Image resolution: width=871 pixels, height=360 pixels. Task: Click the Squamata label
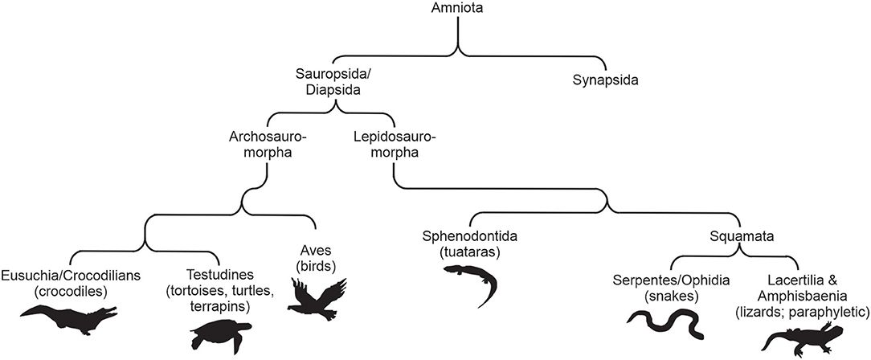pos(737,237)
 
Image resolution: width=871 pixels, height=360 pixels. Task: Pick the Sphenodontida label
pos(470,237)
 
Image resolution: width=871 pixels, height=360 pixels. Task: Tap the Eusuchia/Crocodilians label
pos(72,275)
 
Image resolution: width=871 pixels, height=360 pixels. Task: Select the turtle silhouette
pos(219,333)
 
